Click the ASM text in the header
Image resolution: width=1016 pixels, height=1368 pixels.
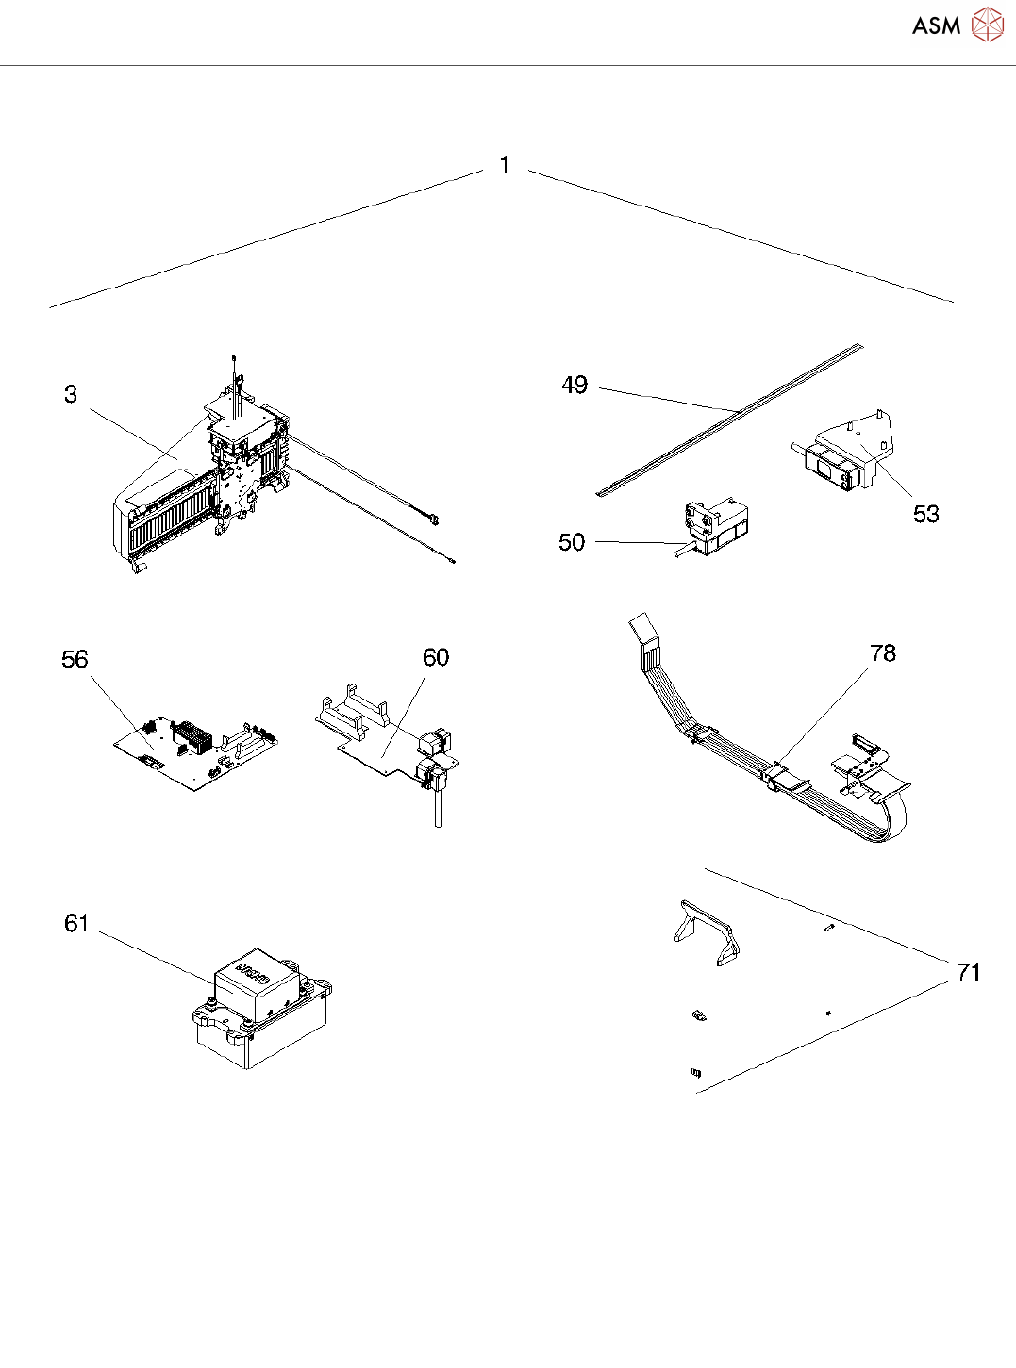pos(936,26)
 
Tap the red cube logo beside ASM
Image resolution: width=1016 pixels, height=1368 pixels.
pos(988,25)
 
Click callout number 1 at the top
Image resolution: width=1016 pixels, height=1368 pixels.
pos(505,165)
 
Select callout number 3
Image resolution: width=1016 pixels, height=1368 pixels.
pos(71,394)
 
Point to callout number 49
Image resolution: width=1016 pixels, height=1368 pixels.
pos(575,385)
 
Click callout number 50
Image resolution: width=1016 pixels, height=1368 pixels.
pos(572,542)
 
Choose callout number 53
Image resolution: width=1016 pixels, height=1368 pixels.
pos(926,514)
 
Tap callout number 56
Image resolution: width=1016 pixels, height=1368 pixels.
pos(75,659)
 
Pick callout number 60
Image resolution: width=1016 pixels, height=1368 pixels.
pos(436,657)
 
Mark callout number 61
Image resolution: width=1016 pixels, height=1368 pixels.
pos(76,923)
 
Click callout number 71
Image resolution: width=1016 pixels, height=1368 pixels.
pos(969,972)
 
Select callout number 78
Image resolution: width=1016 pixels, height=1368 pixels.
pos(883,653)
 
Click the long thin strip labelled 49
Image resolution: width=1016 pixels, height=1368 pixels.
pos(726,419)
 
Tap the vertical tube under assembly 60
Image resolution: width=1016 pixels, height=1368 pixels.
pos(439,809)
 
